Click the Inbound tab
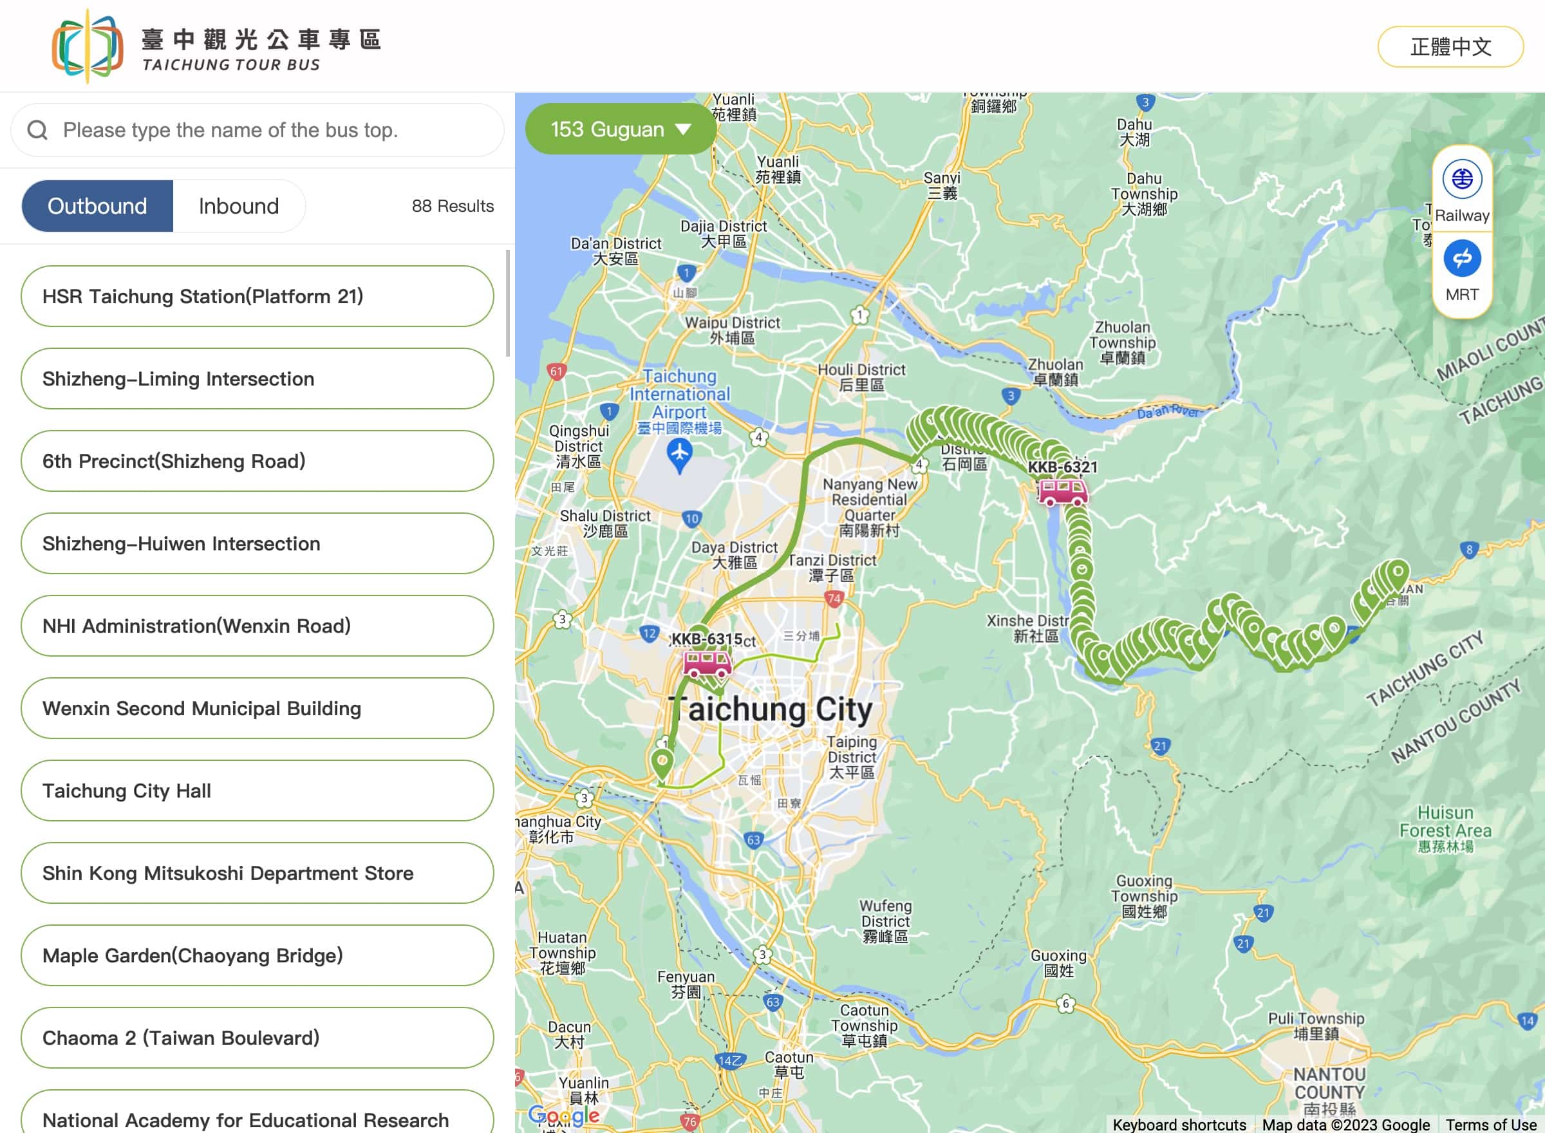pos(239,206)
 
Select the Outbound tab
pos(97,206)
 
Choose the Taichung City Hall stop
pos(257,791)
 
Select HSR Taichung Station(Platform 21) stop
pos(257,296)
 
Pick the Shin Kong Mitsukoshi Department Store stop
pos(257,873)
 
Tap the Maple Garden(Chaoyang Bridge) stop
pos(257,955)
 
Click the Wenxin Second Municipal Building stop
pos(257,709)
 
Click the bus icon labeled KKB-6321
pos(1062,492)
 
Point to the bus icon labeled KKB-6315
pos(707,663)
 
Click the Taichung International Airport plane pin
pos(679,453)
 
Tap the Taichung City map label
pos(771,710)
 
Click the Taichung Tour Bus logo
pos(88,46)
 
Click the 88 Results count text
pos(453,206)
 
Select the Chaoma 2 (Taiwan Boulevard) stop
pos(257,1038)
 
